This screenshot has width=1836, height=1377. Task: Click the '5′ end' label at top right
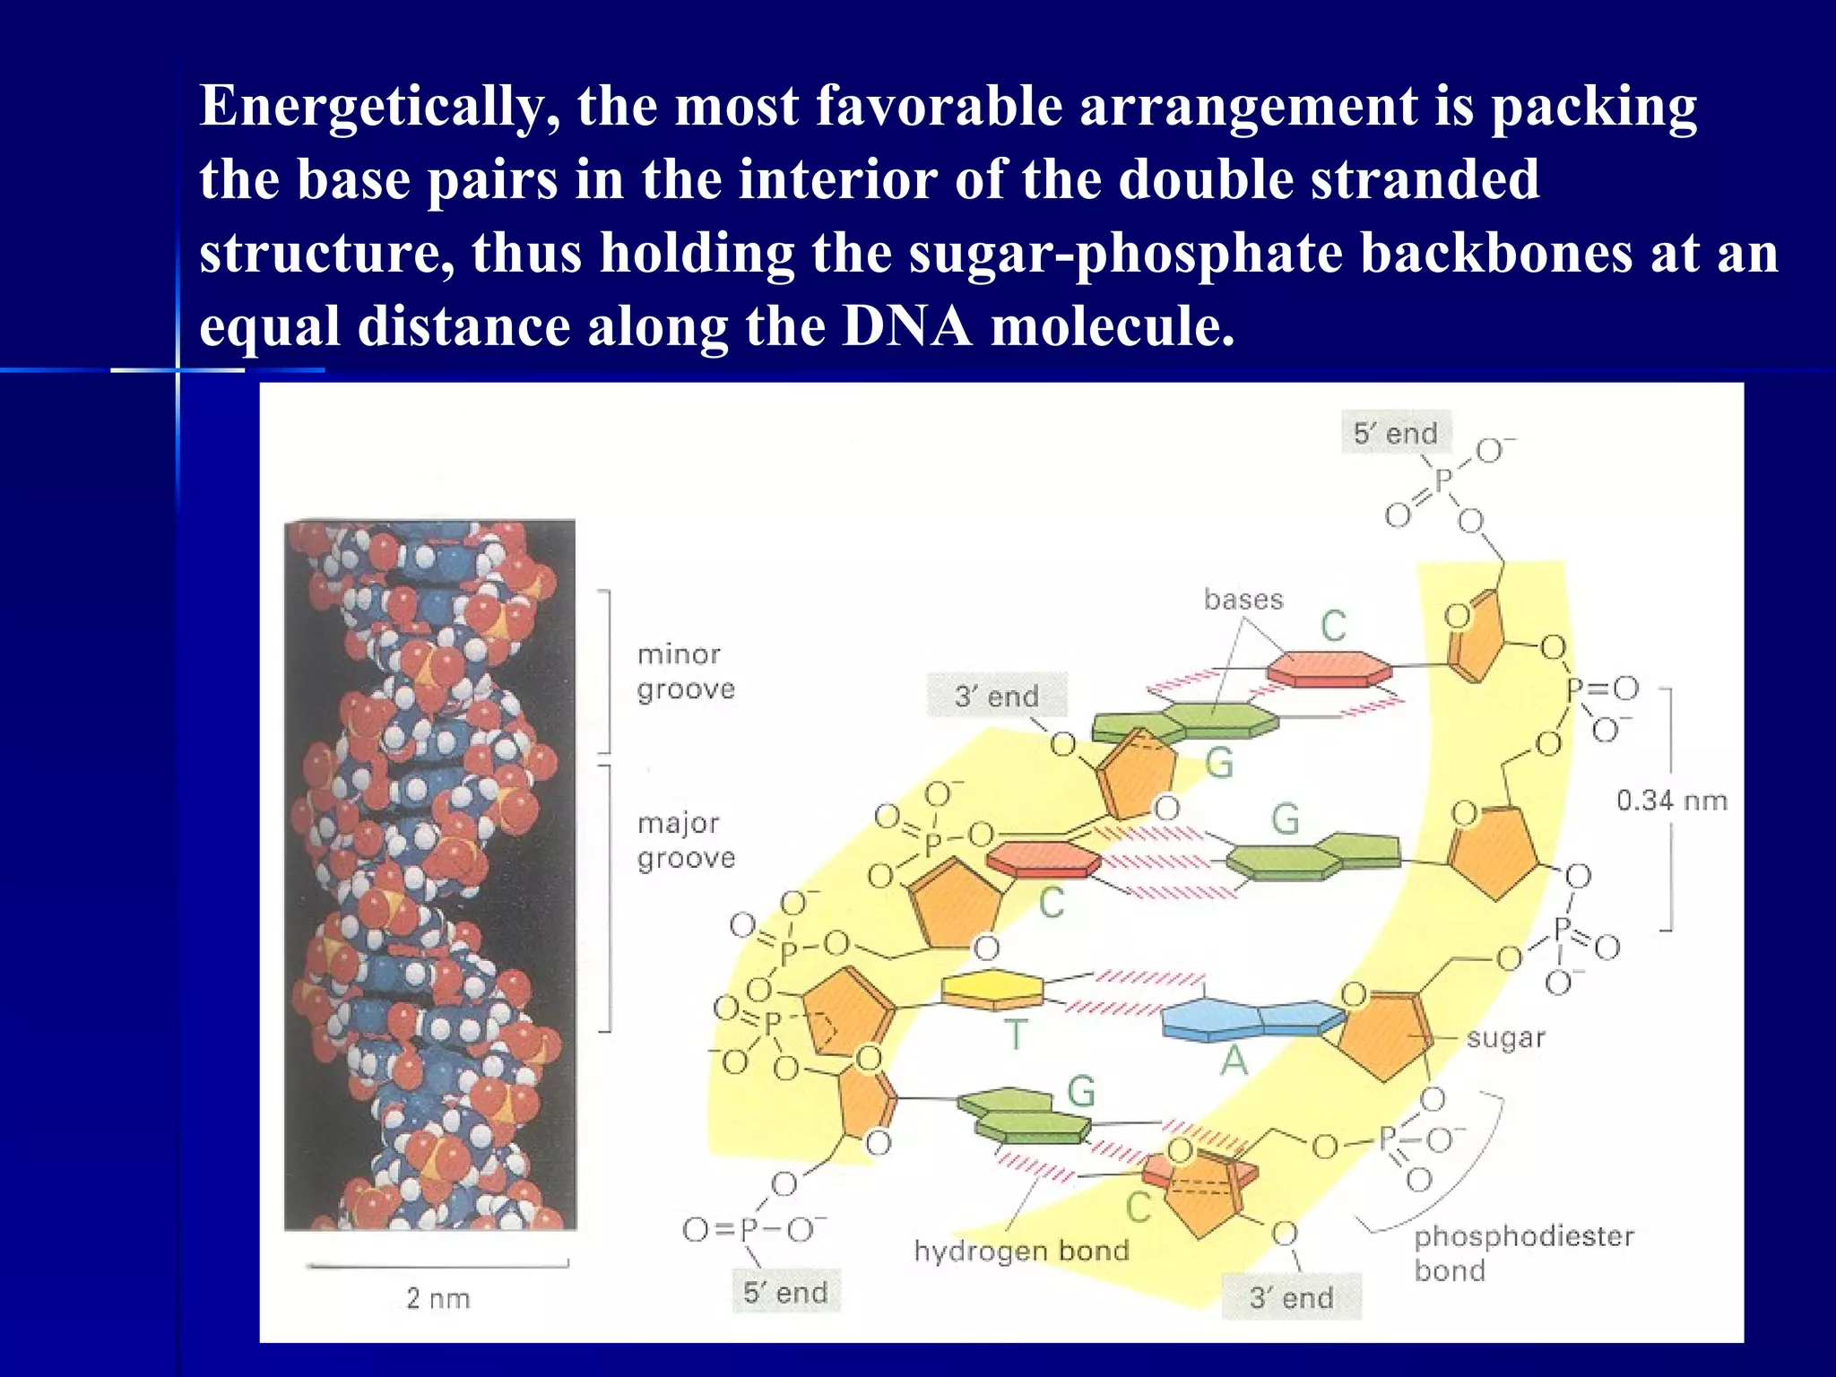coord(1395,433)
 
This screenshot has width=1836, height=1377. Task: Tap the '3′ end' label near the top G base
coord(996,696)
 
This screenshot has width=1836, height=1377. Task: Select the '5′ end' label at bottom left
coord(785,1292)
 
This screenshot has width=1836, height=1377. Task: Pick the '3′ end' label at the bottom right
coord(1291,1296)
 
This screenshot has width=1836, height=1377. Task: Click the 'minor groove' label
coord(685,671)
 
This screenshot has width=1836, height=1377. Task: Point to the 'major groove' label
coord(685,840)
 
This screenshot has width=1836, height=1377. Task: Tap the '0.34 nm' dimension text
coord(1671,800)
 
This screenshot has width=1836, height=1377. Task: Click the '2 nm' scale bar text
coord(437,1297)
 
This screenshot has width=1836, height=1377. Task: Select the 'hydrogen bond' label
coord(1021,1251)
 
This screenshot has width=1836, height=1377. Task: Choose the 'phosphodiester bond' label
coord(1522,1252)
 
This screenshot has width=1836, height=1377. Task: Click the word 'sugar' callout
coord(1505,1038)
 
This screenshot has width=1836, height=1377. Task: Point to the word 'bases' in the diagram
coord(1243,599)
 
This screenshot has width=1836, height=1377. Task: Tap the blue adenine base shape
coord(1251,1019)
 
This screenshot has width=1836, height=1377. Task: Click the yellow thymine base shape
coord(993,990)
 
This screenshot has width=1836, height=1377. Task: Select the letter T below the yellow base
coord(1015,1035)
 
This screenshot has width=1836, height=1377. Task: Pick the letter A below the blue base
coord(1234,1061)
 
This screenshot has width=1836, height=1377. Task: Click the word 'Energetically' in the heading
coord(380,106)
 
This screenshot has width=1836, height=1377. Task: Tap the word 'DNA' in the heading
coord(906,325)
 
